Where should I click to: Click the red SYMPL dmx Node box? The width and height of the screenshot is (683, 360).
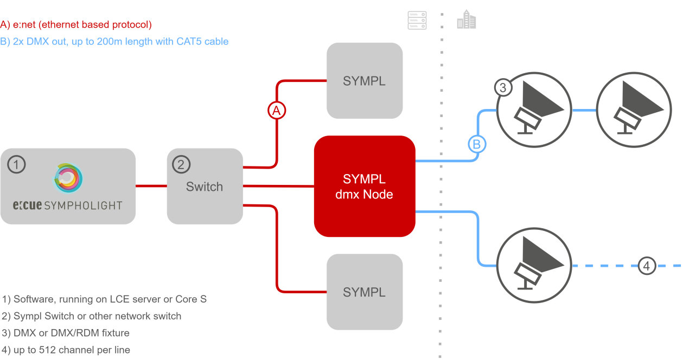click(x=365, y=186)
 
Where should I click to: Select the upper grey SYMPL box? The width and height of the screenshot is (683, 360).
click(x=365, y=81)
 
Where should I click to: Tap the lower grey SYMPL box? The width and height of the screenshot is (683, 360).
click(x=365, y=292)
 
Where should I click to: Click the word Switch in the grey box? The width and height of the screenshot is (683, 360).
click(x=205, y=187)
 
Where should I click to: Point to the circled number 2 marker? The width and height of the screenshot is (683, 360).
click(x=181, y=164)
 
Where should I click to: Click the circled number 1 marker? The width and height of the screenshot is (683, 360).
click(x=16, y=164)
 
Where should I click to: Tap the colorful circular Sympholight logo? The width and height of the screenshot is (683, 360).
click(x=68, y=179)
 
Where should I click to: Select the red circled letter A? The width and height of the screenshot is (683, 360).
click(x=277, y=111)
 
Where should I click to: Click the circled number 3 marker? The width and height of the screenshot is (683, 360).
click(x=503, y=87)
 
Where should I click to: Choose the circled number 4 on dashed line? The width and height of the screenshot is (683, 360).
click(x=646, y=266)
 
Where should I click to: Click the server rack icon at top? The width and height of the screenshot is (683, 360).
click(x=417, y=20)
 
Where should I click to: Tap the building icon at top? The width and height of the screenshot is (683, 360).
click(x=466, y=21)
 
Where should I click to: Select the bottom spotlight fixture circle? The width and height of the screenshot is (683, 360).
click(x=534, y=266)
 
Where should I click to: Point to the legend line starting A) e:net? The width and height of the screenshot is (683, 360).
click(x=76, y=24)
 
